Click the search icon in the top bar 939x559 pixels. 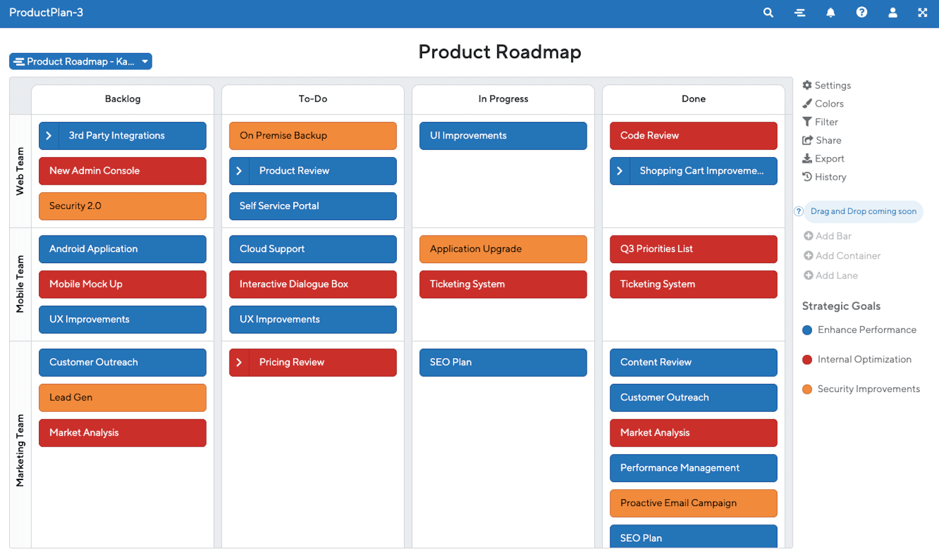[768, 12]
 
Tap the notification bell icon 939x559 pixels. [830, 12]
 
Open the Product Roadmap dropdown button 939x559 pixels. [80, 62]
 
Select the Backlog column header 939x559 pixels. [123, 99]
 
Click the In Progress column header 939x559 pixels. [503, 99]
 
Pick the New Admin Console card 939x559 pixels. [122, 171]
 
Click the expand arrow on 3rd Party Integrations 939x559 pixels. [49, 136]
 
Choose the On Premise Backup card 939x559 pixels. [313, 136]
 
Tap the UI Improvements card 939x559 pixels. [503, 136]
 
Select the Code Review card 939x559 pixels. [693, 136]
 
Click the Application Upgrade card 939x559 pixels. [503, 249]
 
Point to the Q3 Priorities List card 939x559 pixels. [693, 249]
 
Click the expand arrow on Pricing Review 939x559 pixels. [239, 362]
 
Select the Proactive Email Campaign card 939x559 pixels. [693, 503]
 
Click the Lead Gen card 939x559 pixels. [122, 398]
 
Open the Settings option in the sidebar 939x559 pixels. [826, 86]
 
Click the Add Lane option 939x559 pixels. [830, 275]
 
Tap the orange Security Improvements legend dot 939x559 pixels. [807, 389]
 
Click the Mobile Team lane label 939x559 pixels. [20, 284]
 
